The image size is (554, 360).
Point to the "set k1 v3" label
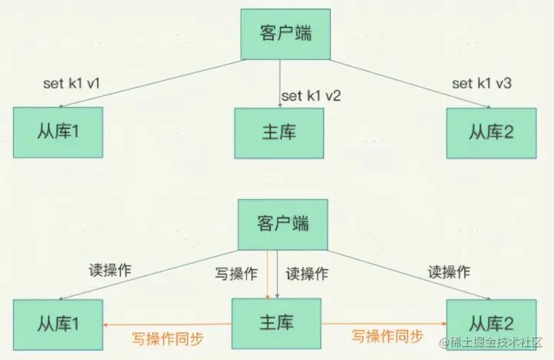pyautogui.click(x=482, y=82)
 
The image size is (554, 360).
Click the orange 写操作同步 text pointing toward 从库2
pyautogui.click(x=388, y=335)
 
